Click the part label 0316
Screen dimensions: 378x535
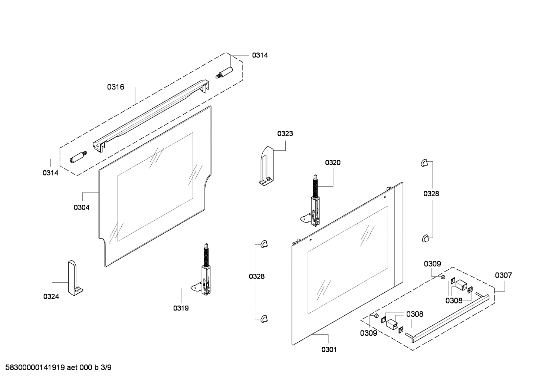[115, 87]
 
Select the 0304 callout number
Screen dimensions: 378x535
[81, 207]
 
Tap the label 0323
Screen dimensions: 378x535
[285, 134]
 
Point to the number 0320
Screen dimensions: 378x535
[333, 162]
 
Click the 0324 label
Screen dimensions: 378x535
[51, 296]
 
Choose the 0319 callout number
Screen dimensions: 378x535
[181, 308]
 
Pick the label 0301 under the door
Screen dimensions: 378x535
[329, 349]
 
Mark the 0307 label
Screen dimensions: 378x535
[503, 275]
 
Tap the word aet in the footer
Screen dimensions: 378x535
[73, 368]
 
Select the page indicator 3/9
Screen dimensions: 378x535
[106, 368]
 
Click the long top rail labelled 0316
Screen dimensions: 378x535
[148, 115]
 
